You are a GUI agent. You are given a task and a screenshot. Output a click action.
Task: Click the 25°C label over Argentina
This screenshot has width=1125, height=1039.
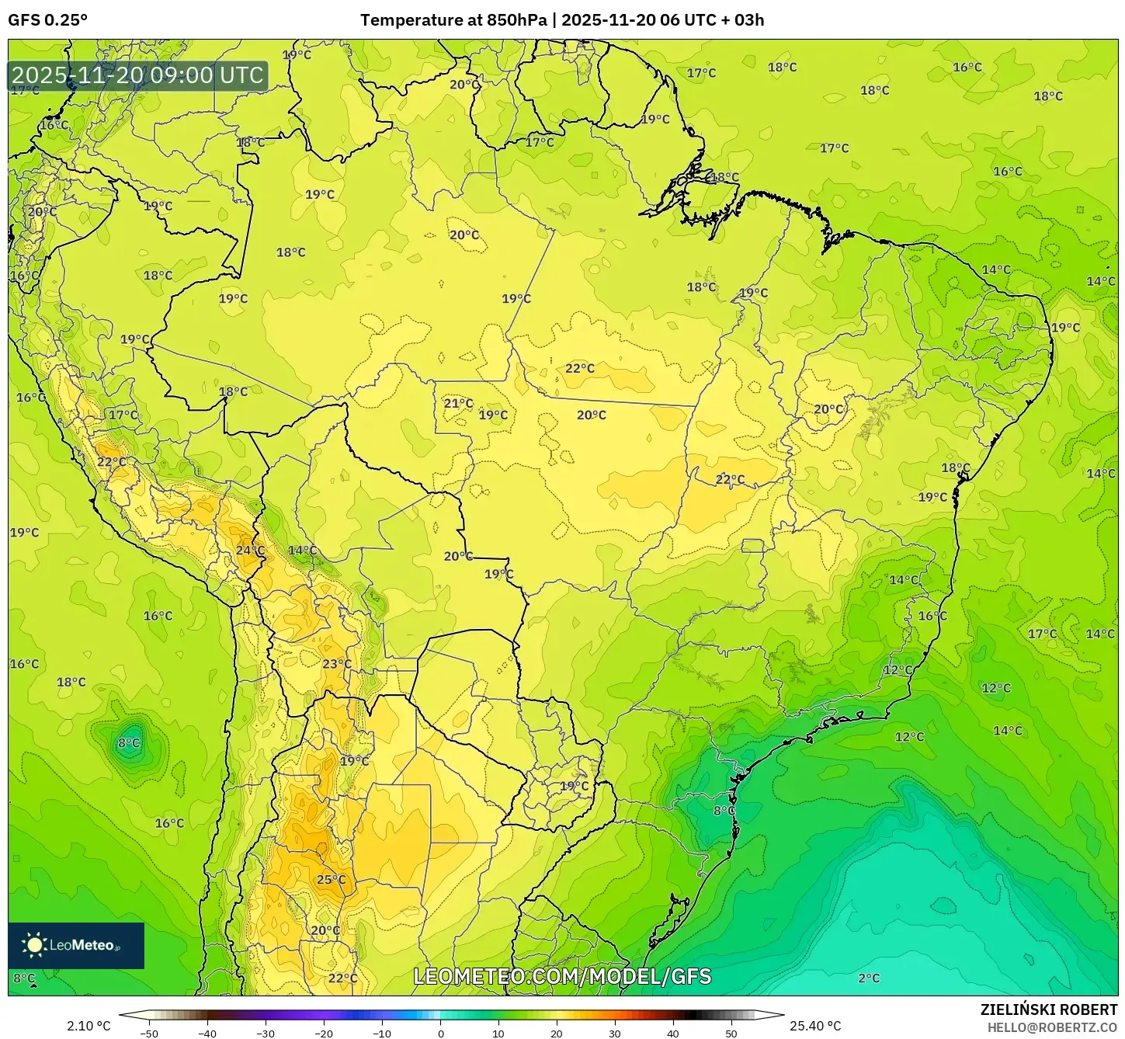point(331,880)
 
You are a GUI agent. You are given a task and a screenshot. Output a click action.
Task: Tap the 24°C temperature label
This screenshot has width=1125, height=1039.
point(250,551)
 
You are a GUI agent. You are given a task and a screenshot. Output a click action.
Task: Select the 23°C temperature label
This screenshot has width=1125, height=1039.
point(336,664)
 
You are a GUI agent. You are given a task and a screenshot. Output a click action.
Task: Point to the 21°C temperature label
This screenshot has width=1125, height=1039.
point(458,403)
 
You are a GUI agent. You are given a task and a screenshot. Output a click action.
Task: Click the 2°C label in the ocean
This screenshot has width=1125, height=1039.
point(869,978)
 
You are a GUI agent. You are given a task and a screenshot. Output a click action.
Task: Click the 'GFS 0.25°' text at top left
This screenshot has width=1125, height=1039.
point(48,20)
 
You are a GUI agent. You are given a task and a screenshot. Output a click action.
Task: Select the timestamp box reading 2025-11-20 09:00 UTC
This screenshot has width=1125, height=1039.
point(137,75)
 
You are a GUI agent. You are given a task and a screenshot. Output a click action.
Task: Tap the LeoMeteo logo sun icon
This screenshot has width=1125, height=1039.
point(34,945)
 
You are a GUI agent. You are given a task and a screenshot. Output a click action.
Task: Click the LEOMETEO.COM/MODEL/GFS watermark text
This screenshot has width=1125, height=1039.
point(562,976)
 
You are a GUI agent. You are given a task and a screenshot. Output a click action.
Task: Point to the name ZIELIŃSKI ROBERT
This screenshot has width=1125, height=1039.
point(1048,1009)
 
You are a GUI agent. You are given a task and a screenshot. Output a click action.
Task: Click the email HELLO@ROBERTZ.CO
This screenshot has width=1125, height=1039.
point(1052,1027)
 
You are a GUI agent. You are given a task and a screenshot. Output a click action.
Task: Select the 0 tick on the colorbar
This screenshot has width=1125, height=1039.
point(440,1033)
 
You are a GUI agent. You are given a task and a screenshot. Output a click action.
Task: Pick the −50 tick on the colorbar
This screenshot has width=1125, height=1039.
point(148,1033)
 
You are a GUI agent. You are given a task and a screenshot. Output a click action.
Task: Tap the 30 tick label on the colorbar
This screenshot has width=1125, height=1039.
point(615,1033)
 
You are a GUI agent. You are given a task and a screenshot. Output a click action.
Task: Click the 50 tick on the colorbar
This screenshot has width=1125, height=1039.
point(731,1033)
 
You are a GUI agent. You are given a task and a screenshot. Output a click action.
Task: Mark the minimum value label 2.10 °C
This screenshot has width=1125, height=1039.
point(89,1026)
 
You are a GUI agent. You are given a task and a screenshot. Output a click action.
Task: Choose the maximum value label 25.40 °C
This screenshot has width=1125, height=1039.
point(815,1026)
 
